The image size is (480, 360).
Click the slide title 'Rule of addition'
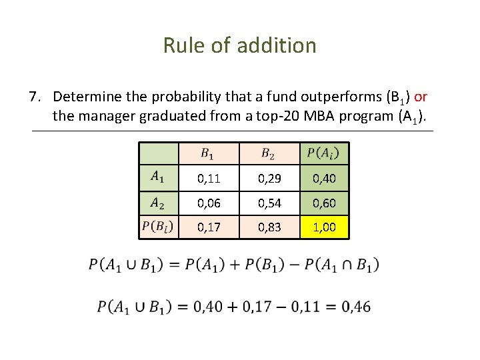point(239,45)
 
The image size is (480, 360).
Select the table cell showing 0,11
point(208,178)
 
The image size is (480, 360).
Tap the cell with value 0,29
point(267,178)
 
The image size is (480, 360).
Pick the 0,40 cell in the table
point(324,178)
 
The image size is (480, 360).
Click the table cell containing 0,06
point(208,203)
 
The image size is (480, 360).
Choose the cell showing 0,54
point(267,203)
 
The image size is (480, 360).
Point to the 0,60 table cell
point(324,203)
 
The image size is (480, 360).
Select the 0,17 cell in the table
point(208,227)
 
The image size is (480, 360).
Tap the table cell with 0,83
point(267,227)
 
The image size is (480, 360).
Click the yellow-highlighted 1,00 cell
point(324,227)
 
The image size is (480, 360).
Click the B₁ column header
point(208,154)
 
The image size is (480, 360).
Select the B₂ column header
point(267,154)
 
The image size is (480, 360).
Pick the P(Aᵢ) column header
point(323,154)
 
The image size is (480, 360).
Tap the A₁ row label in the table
point(159,177)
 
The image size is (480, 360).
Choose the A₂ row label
point(159,202)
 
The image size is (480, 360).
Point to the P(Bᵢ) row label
point(159,227)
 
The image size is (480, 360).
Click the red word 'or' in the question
point(421,97)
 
